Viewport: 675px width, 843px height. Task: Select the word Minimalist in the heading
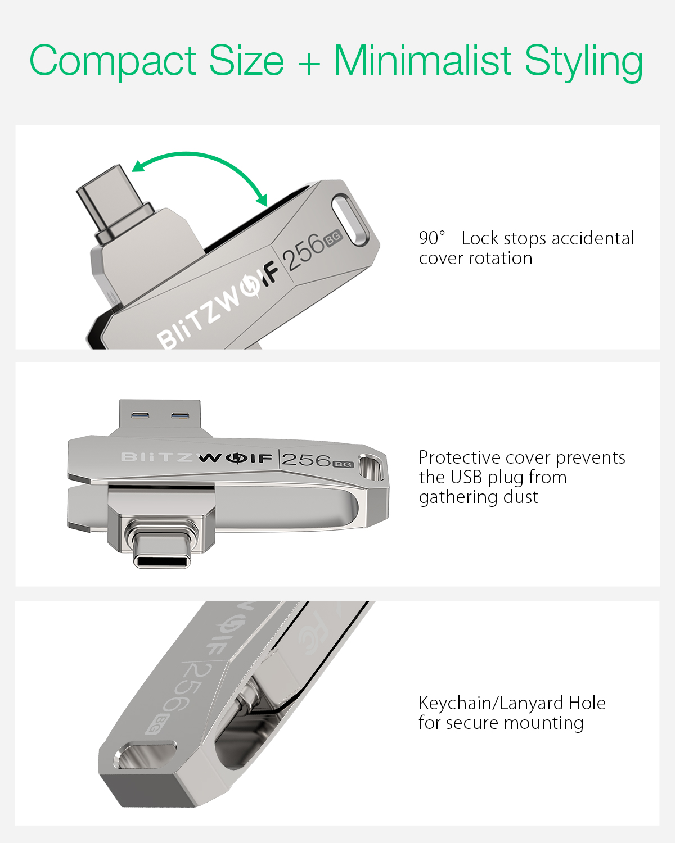(x=422, y=61)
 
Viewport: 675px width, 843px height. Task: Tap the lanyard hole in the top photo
(x=350, y=220)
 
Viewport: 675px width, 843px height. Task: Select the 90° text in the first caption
(x=431, y=238)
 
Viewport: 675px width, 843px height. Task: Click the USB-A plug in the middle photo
(x=160, y=416)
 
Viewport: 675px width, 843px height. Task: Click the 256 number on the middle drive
(x=307, y=460)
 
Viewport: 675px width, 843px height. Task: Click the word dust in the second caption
(x=520, y=497)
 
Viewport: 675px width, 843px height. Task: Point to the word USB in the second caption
(x=466, y=478)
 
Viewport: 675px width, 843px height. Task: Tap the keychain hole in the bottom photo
(x=145, y=754)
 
